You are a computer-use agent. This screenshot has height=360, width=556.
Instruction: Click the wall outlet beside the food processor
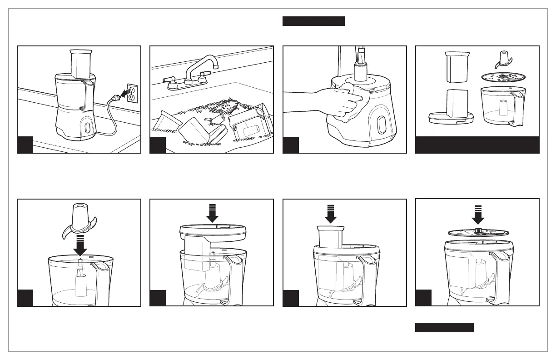(131, 94)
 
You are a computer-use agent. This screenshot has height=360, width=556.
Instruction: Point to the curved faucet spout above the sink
(210, 64)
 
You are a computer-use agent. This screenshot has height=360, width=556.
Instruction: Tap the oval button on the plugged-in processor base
(86, 127)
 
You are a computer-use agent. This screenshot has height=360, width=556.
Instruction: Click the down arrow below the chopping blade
(80, 245)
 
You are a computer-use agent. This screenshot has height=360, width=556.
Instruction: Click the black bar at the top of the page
(313, 21)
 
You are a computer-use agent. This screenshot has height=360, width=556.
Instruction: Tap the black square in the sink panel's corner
(158, 145)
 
